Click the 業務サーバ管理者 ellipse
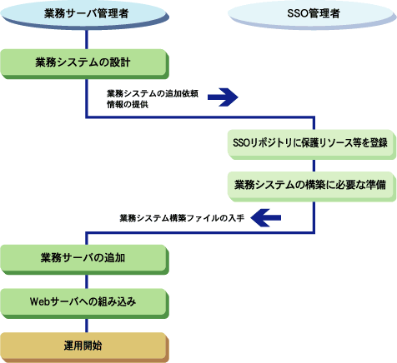(85, 14)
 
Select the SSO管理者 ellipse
(313, 14)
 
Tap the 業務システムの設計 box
(84, 64)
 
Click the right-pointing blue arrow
(223, 97)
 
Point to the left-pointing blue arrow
(265, 218)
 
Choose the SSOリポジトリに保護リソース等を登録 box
(311, 144)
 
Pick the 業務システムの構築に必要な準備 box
(311, 186)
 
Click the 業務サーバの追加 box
(84, 260)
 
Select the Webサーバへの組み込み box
(84, 303)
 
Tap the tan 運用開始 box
(84, 347)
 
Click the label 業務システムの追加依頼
(153, 93)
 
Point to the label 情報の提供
(128, 104)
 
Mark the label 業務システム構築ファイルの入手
(182, 218)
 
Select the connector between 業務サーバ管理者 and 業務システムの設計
(87, 39)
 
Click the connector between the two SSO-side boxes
(314, 166)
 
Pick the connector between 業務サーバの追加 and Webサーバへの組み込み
(87, 281)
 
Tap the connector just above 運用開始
(87, 326)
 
